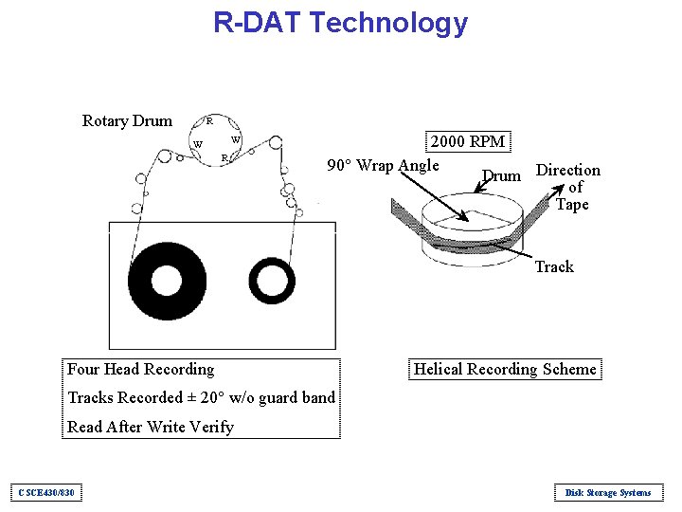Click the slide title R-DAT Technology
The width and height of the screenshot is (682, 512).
(x=340, y=22)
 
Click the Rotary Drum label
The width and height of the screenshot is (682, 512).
(x=127, y=120)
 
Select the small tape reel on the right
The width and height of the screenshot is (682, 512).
(x=272, y=281)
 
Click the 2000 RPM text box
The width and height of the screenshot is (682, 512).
(x=468, y=141)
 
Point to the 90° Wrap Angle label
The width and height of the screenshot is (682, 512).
(x=383, y=166)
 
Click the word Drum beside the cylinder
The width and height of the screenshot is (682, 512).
(x=501, y=175)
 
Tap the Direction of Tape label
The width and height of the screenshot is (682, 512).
(x=568, y=187)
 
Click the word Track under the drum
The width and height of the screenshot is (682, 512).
(x=554, y=266)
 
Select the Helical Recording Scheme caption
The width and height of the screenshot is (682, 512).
(x=506, y=369)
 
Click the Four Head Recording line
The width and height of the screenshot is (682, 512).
(x=141, y=369)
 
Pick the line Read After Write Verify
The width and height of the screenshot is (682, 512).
(x=151, y=427)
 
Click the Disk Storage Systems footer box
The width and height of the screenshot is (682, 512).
(x=607, y=492)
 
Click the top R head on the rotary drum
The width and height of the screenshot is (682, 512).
(x=209, y=121)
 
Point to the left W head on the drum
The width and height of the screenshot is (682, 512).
(x=197, y=145)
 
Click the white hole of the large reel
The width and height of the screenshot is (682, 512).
(x=166, y=281)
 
